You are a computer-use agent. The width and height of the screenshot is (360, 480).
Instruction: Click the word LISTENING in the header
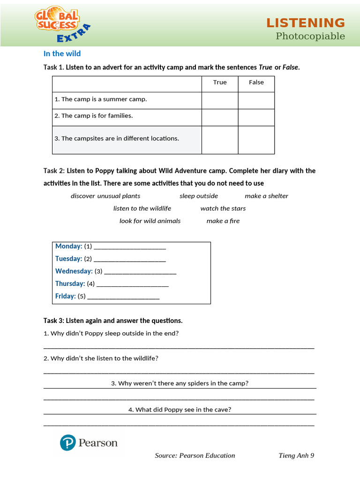point(306,23)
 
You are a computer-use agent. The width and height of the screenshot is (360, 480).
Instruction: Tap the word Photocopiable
point(310,36)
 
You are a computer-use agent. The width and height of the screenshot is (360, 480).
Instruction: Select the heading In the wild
point(62,54)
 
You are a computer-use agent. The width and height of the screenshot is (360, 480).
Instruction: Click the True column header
point(219,82)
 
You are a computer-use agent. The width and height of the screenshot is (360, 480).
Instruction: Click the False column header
point(256,82)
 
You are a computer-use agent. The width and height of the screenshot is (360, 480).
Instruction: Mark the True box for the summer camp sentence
point(219,100)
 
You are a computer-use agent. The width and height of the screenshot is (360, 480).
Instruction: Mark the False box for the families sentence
point(256,117)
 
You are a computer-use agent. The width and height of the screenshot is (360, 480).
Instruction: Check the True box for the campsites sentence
point(219,140)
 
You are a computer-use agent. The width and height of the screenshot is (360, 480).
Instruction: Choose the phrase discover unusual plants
point(105,196)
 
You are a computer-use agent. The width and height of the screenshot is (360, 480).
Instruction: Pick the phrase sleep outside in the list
point(199,196)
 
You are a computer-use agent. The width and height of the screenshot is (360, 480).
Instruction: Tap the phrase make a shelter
point(266,196)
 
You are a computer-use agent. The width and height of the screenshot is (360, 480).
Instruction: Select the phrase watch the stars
point(223,209)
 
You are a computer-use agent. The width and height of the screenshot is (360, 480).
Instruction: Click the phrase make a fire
point(223,221)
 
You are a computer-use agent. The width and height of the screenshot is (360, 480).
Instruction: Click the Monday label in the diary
point(68,247)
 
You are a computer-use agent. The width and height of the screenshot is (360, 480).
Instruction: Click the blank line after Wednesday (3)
point(140,271)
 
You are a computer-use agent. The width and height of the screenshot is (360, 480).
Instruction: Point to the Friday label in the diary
point(65,296)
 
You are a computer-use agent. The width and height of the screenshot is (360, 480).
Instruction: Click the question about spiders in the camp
point(180,383)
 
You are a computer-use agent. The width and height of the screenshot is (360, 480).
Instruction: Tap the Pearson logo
point(89,442)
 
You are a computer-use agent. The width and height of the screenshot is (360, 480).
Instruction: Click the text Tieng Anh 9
point(296,456)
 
